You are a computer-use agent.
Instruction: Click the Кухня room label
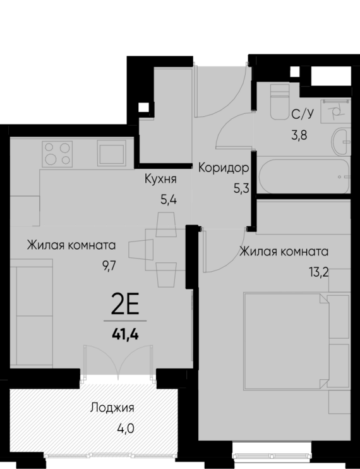pyautogui.click(x=160, y=180)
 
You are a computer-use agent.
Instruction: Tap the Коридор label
pyautogui.click(x=223, y=168)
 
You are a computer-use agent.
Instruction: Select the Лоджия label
pyautogui.click(x=112, y=408)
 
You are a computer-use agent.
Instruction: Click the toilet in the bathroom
pyautogui.click(x=278, y=102)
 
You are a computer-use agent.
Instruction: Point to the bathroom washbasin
pyautogui.click(x=341, y=139)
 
